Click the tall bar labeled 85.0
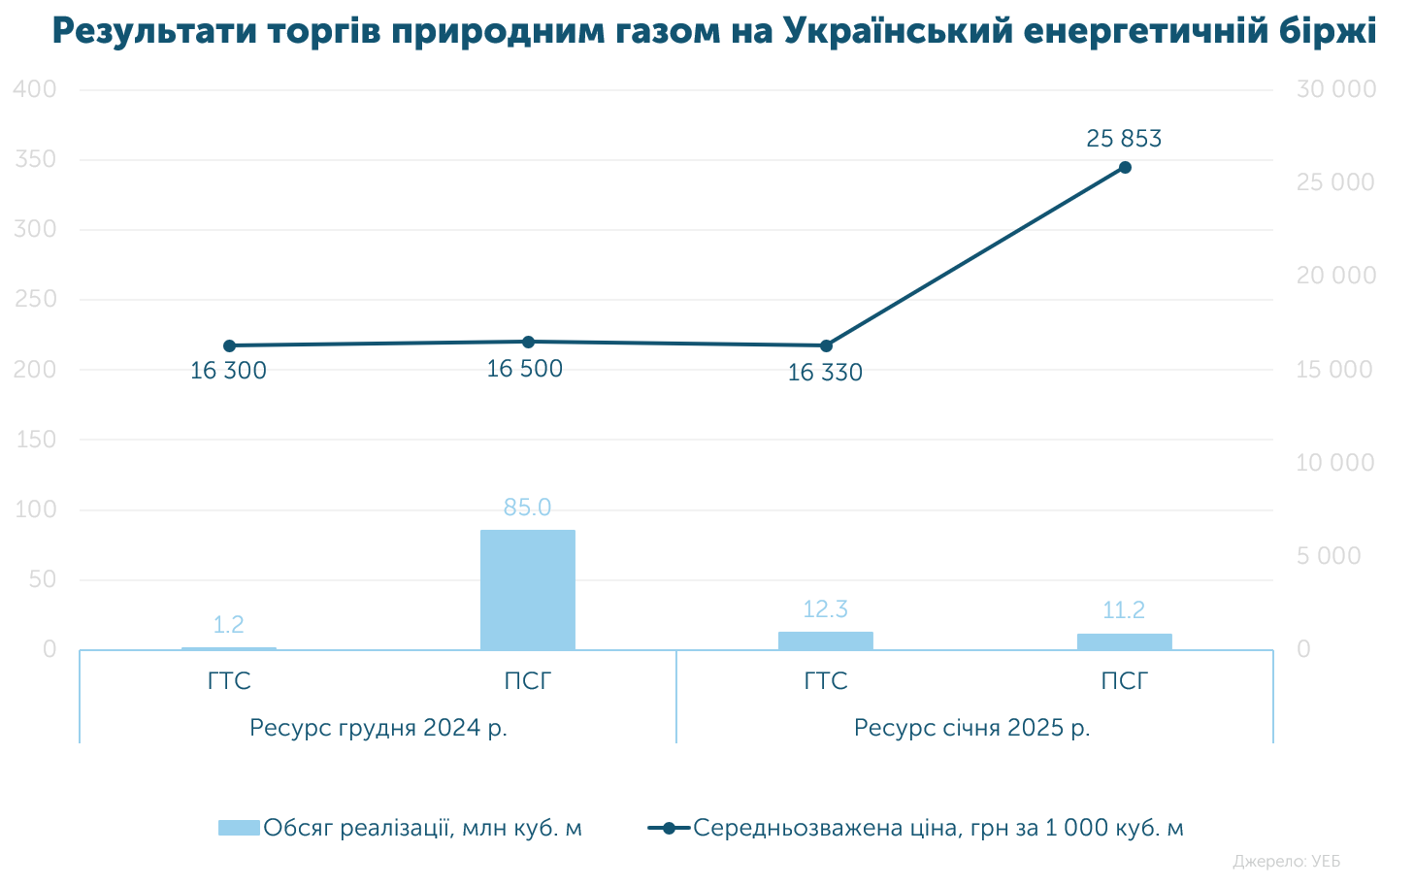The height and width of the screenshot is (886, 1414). click(527, 589)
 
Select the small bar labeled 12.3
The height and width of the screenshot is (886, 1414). click(825, 640)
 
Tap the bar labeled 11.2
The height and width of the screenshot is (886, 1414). click(1124, 641)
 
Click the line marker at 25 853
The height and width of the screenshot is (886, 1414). click(1125, 167)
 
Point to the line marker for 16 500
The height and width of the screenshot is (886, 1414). click(528, 342)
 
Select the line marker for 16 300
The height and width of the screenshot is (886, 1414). click(229, 345)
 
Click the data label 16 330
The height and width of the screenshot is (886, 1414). click(824, 373)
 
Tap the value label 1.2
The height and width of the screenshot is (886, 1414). click(228, 625)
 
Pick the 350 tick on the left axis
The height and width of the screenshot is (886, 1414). click(36, 159)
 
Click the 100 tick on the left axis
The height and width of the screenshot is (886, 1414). click(36, 509)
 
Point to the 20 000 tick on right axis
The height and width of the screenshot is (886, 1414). click(1335, 276)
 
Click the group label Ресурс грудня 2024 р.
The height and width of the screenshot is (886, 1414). click(378, 727)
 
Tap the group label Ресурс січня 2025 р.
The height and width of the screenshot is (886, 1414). click(971, 727)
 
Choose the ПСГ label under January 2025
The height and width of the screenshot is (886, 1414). click(1124, 681)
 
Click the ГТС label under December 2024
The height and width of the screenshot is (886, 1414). click(229, 681)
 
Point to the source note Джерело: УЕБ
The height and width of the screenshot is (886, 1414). click(1286, 861)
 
